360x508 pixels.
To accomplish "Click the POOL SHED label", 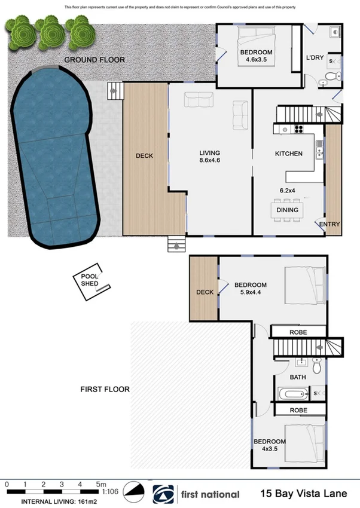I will (90, 280).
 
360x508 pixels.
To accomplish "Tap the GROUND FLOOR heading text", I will (94, 60).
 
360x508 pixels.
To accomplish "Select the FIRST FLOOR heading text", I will (105, 389).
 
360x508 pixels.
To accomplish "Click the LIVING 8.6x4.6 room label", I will (210, 156).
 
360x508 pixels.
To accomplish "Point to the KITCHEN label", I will (288, 154).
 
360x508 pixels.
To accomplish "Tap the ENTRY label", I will (330, 225).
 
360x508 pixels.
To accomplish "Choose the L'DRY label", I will (314, 58).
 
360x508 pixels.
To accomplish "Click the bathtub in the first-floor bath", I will (293, 393).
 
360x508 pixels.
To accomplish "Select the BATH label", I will (298, 377).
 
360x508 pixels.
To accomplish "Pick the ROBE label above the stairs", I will (298, 330).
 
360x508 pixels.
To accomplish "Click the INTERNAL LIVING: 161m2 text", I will (57, 500).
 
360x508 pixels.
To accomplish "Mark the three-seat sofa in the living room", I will (199, 100).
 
